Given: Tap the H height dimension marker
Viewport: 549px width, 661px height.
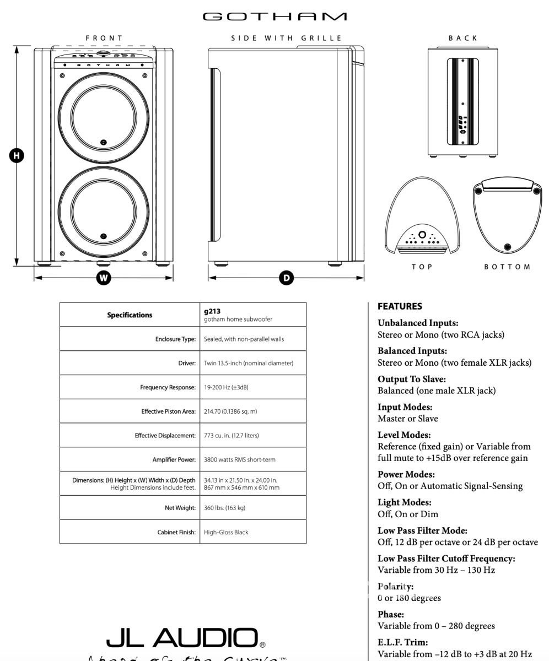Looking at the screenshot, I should pyautogui.click(x=18, y=155).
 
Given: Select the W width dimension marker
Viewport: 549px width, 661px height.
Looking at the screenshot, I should pyautogui.click(x=103, y=278).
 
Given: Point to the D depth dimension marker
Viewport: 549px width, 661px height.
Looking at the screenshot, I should pyautogui.click(x=286, y=278).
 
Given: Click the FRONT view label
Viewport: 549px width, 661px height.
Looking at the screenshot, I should pyautogui.click(x=104, y=38).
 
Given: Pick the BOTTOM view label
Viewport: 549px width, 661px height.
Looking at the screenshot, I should pyautogui.click(x=507, y=267).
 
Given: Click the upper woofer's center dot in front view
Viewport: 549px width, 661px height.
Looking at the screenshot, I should pyautogui.click(x=104, y=142).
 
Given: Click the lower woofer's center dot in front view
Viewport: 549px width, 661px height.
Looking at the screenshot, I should pyautogui.click(x=104, y=236).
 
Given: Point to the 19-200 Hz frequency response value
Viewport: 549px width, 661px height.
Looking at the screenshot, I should pyautogui.click(x=227, y=387).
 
